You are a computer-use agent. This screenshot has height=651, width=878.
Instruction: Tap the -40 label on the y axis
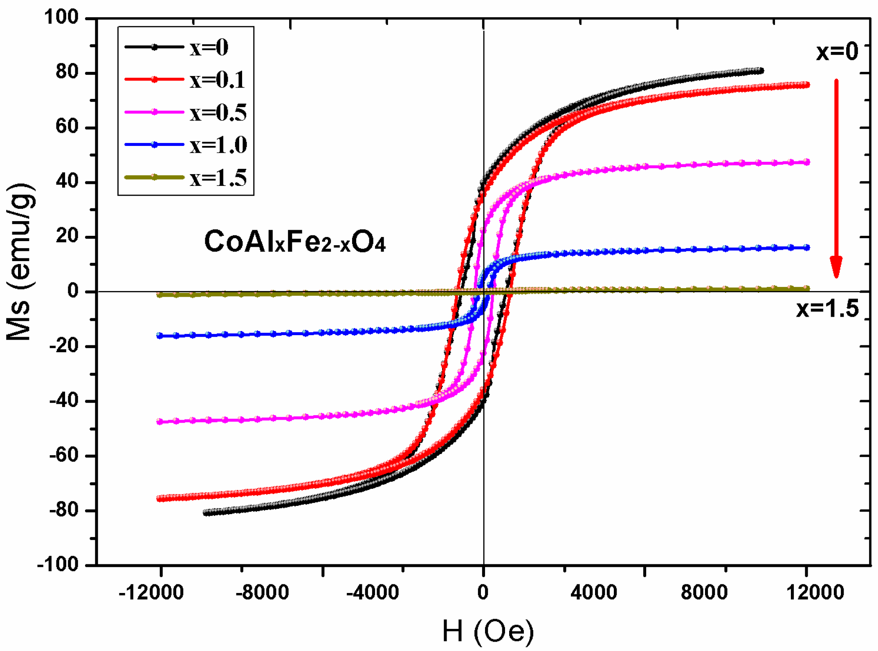tap(64, 400)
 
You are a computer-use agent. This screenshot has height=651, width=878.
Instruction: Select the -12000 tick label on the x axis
tap(151, 592)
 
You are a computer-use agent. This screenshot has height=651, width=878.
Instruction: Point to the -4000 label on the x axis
tap(373, 592)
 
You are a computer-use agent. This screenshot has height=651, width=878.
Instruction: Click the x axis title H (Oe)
tap(488, 631)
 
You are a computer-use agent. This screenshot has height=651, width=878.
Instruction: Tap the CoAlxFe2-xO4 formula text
tap(294, 242)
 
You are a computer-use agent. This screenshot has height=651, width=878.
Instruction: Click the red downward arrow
tap(836, 178)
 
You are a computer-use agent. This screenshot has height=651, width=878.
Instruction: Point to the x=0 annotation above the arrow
tap(837, 52)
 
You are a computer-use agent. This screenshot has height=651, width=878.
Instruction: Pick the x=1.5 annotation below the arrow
tap(827, 309)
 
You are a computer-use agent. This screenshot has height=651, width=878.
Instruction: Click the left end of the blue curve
tap(160, 336)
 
